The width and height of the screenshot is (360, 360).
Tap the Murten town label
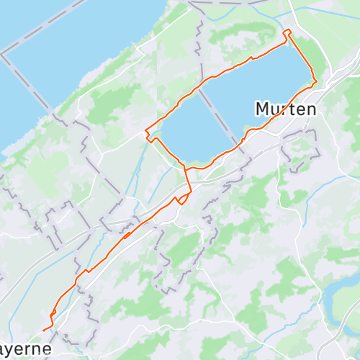pos(286,109)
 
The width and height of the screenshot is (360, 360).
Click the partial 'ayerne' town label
pos(26,349)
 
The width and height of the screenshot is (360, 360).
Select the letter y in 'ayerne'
pos(15,351)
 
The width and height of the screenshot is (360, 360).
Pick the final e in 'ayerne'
pos(48,349)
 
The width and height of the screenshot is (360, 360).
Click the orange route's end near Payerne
pos(45,330)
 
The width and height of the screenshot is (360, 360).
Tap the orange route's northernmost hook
pos(287,32)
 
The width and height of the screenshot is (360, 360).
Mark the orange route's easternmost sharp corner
pos(315,81)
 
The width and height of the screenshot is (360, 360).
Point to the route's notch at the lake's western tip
pos(149,135)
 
